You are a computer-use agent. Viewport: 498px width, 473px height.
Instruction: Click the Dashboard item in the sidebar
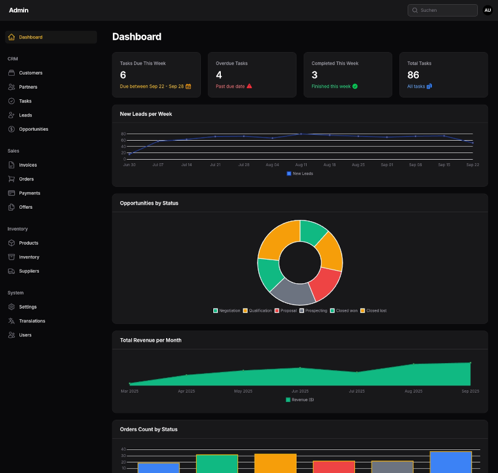click(31, 37)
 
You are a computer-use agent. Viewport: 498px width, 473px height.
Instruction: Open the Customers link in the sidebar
click(31, 73)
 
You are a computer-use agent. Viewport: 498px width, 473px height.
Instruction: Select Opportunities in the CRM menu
click(33, 129)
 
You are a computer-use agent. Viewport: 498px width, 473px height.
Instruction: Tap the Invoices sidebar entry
click(28, 165)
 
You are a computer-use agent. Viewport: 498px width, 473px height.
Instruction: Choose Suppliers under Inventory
click(29, 271)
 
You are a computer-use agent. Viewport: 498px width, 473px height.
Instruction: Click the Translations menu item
click(32, 321)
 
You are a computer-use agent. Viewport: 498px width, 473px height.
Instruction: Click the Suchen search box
click(443, 10)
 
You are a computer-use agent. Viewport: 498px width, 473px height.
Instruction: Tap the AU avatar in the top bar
click(487, 10)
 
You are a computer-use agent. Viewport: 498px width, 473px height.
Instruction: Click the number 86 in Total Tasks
click(414, 75)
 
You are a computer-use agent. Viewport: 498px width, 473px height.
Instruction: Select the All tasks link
click(416, 86)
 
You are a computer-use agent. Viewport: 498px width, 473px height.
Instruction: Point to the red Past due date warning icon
click(249, 86)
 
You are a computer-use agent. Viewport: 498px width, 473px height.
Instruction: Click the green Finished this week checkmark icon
click(355, 86)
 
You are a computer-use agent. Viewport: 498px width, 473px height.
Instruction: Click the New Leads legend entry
click(300, 173)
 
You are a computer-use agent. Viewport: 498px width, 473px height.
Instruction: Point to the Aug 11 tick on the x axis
click(301, 165)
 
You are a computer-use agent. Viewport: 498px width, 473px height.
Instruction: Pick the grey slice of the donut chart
click(293, 291)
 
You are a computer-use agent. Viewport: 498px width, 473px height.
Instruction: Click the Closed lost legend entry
click(373, 310)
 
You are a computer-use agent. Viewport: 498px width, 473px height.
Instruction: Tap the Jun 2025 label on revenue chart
click(300, 391)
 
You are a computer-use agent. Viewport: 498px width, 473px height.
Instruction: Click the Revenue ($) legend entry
click(300, 400)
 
